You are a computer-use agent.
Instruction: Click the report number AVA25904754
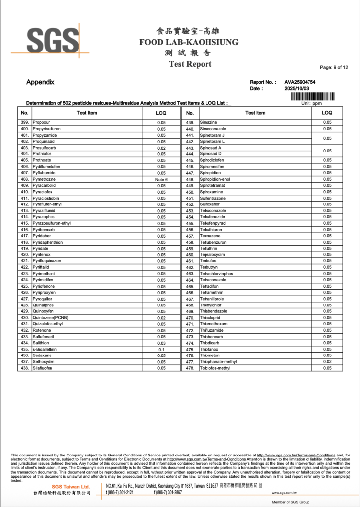[x=300, y=82]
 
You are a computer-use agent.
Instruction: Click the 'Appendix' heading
[x=40, y=82]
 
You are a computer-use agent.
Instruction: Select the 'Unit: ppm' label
[x=311, y=104]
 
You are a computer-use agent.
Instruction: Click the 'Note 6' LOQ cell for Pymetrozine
[x=161, y=179]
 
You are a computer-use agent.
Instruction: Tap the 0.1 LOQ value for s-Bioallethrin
[x=161, y=349]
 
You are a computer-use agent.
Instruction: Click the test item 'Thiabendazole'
[x=213, y=311]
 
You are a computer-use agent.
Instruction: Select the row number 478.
[x=189, y=368]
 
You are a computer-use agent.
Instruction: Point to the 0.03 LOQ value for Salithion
[x=161, y=343]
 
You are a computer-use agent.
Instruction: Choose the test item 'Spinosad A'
[x=210, y=148]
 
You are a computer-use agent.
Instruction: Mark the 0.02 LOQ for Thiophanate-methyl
[x=327, y=362]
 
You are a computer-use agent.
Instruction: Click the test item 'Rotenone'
[x=42, y=330]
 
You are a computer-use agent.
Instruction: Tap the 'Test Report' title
[x=190, y=64]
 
